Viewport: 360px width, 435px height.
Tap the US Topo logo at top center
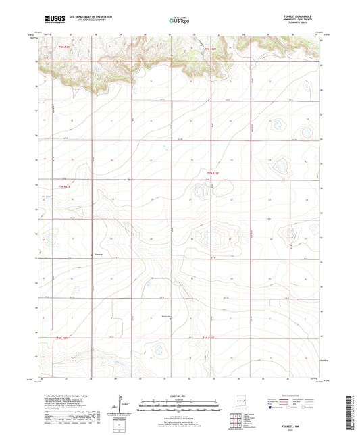pyautogui.click(x=178, y=20)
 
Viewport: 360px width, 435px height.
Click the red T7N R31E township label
pyautogui.click(x=63, y=186)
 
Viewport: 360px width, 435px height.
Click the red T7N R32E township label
pyautogui.click(x=213, y=174)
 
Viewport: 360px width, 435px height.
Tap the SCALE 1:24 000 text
pyautogui.click(x=179, y=396)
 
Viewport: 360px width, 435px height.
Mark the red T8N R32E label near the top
pyautogui.click(x=210, y=49)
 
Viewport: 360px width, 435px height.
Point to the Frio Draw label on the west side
pyautogui.click(x=47, y=197)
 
